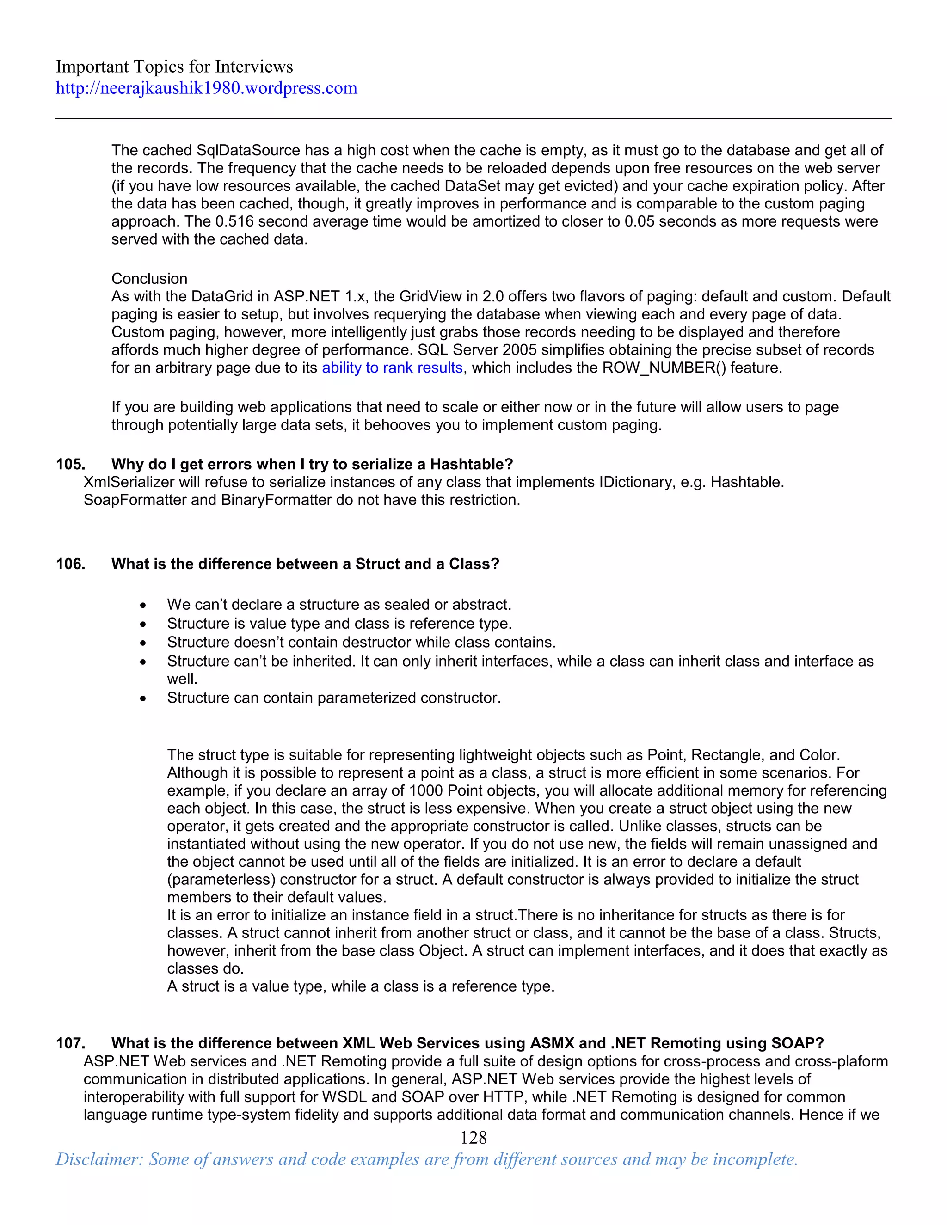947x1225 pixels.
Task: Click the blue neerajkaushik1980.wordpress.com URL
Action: coord(206,88)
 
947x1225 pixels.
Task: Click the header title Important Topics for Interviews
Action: coord(174,67)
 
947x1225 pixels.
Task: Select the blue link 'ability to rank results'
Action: coord(392,368)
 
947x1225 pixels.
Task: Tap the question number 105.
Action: coord(71,465)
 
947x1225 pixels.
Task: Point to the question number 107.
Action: coord(71,1043)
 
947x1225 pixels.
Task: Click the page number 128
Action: coord(473,1138)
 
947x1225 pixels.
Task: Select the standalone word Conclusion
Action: coord(149,279)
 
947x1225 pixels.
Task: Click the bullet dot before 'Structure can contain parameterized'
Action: coord(144,699)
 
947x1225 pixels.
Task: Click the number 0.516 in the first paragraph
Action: coord(234,221)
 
